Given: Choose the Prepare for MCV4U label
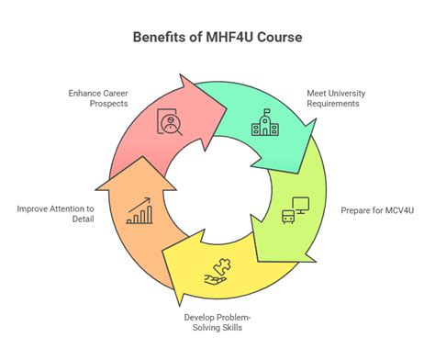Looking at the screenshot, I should point(375,209).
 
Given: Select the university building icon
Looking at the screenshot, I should point(264,122).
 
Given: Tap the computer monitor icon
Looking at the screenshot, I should point(294,209).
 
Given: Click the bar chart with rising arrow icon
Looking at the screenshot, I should point(140,214).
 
